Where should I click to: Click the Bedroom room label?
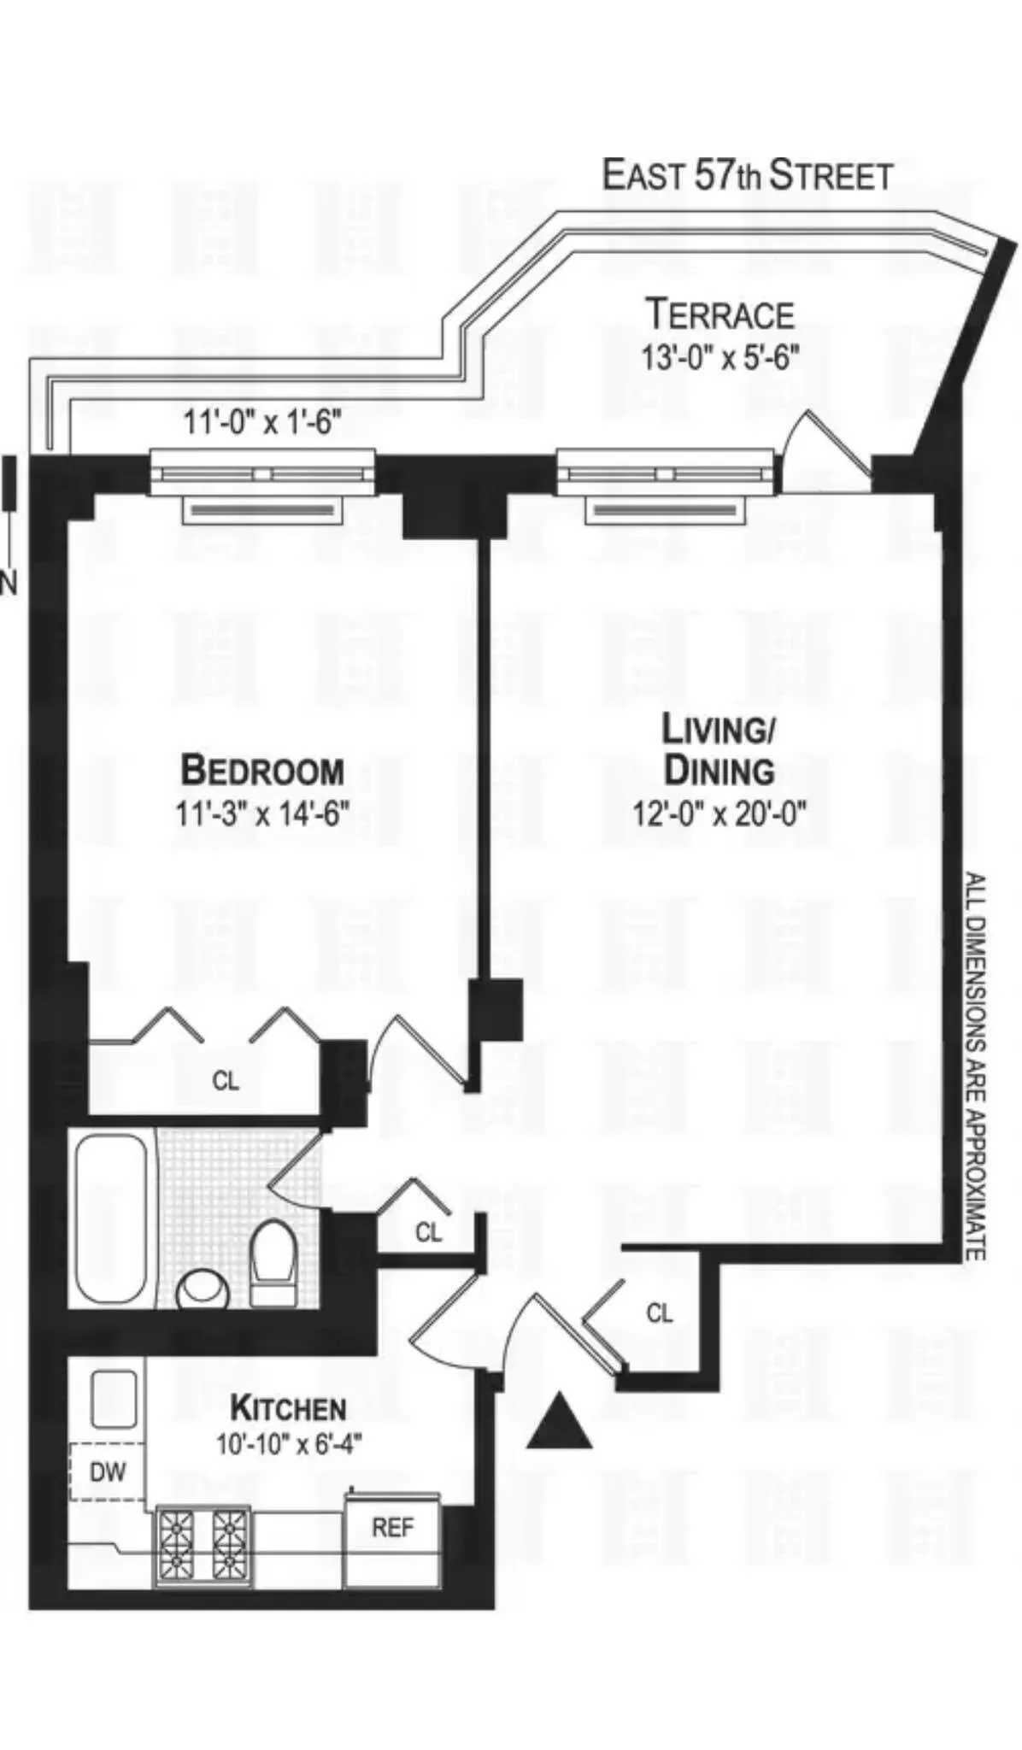262,770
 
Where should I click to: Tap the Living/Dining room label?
719,749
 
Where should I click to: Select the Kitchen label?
289,1407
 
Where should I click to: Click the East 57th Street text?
748,175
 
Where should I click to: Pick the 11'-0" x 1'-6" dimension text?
262,421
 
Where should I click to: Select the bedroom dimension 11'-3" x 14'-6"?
262,813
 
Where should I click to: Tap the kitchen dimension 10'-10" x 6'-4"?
289,1444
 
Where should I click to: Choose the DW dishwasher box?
108,1471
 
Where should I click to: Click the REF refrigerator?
393,1528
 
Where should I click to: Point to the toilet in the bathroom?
273,1261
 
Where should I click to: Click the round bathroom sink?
203,1290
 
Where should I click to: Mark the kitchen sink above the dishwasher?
114,1399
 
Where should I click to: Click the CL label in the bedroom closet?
226,1081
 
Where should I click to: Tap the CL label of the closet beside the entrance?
659,1312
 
